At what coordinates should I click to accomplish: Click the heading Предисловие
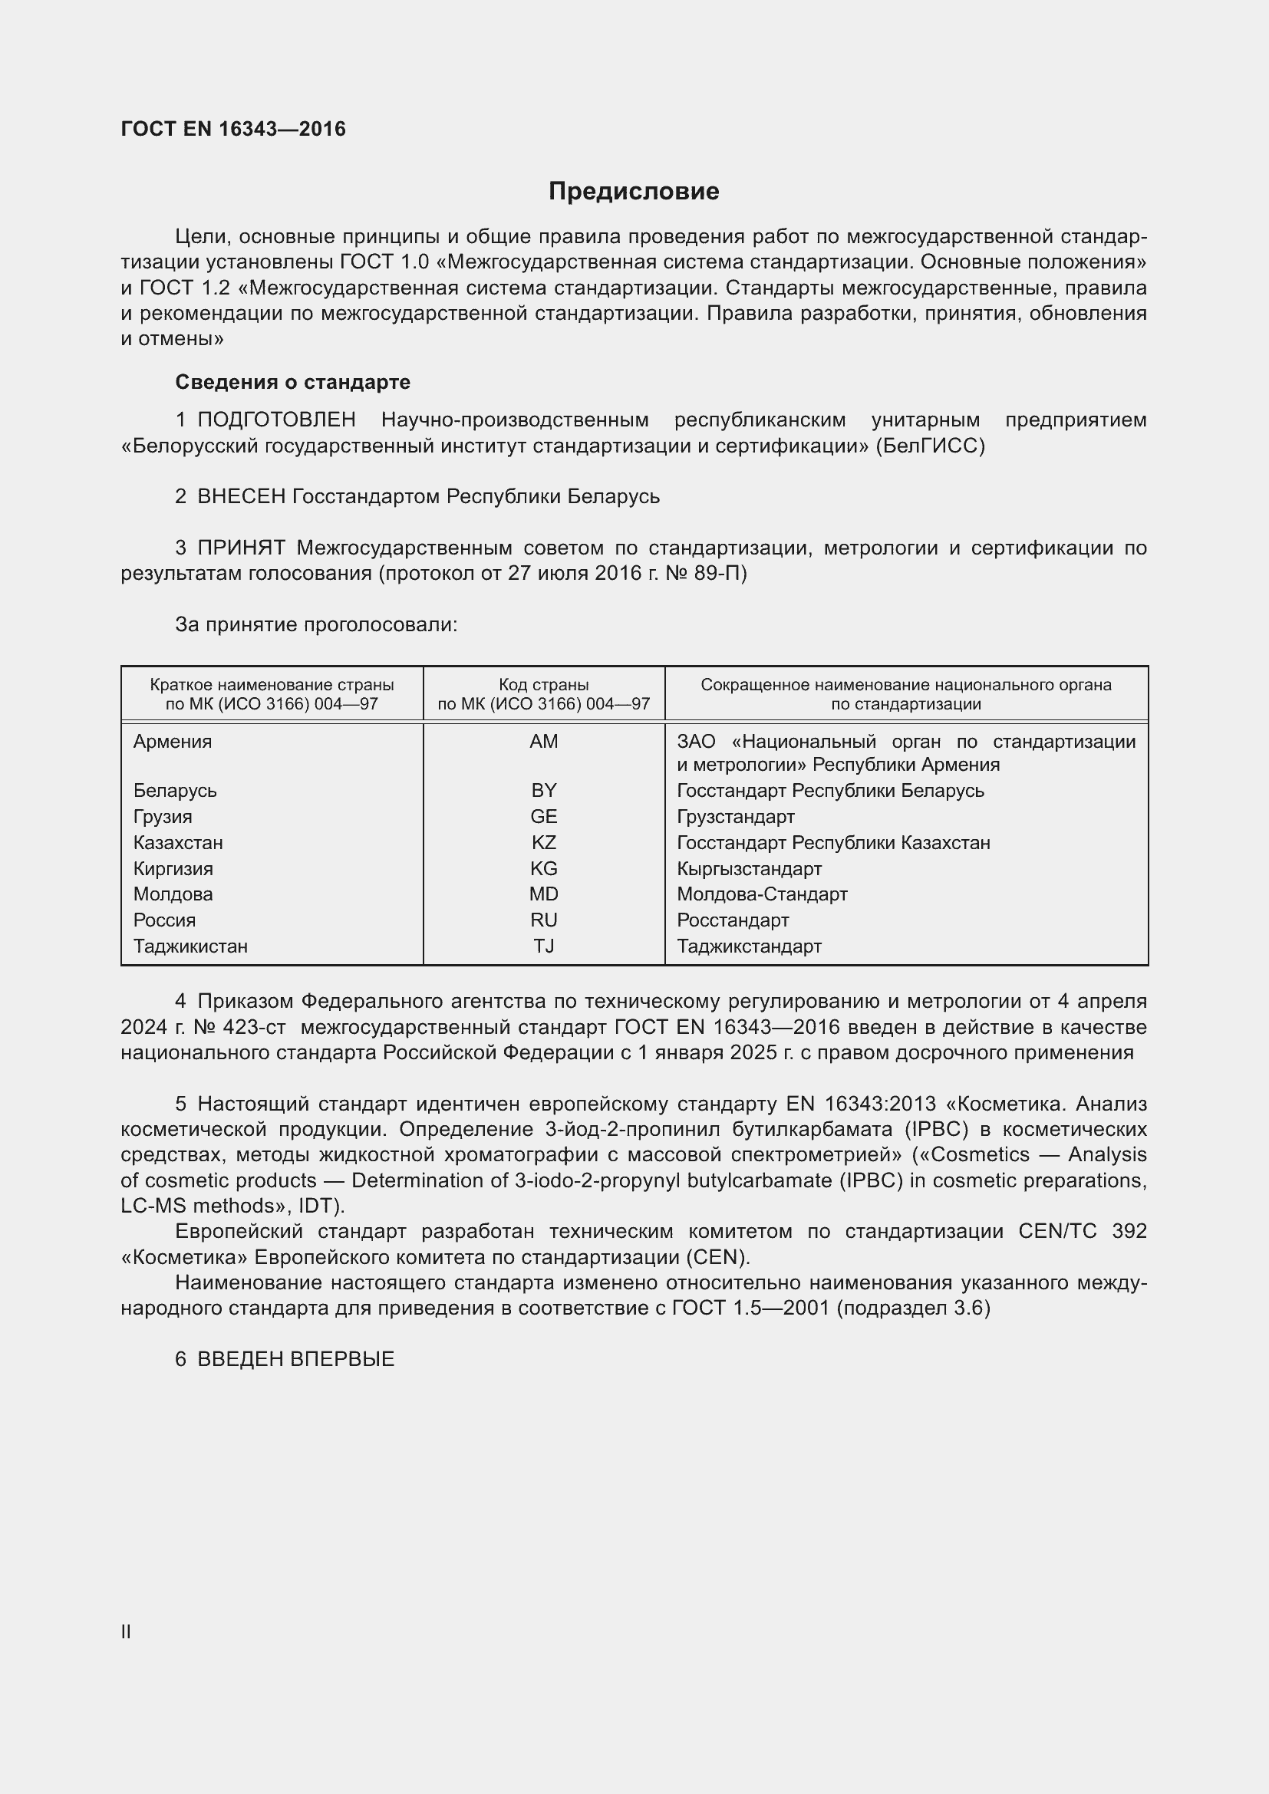point(633,192)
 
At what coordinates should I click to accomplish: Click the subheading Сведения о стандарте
point(292,382)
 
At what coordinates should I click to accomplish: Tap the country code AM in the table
point(543,742)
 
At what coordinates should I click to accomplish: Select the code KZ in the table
point(543,843)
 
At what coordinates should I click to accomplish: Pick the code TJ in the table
point(543,946)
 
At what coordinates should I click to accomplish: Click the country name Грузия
point(163,817)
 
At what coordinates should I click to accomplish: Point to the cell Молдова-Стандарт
point(762,894)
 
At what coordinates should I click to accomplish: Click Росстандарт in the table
point(732,920)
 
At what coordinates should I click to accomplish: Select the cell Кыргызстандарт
point(749,869)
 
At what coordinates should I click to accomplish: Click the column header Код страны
point(543,685)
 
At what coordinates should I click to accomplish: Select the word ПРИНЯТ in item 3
point(241,548)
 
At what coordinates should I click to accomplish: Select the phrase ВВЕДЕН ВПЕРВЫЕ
point(295,1359)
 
